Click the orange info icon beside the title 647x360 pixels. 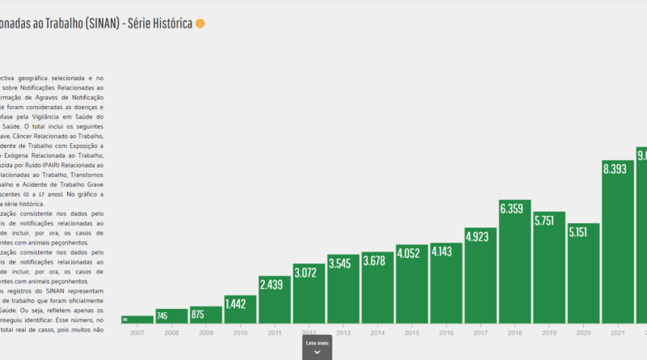pyautogui.click(x=201, y=23)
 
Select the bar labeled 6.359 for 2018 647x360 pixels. pyautogui.click(x=514, y=259)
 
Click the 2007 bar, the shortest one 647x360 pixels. pyautogui.click(x=137, y=319)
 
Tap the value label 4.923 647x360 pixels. pyautogui.click(x=480, y=236)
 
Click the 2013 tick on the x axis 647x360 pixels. pyautogui.click(x=343, y=332)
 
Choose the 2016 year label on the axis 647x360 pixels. pyautogui.click(x=446, y=332)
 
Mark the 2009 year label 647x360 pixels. pyautogui.click(x=205, y=332)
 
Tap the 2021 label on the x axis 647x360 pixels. pyautogui.click(x=617, y=332)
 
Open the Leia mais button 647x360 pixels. pyautogui.click(x=317, y=347)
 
